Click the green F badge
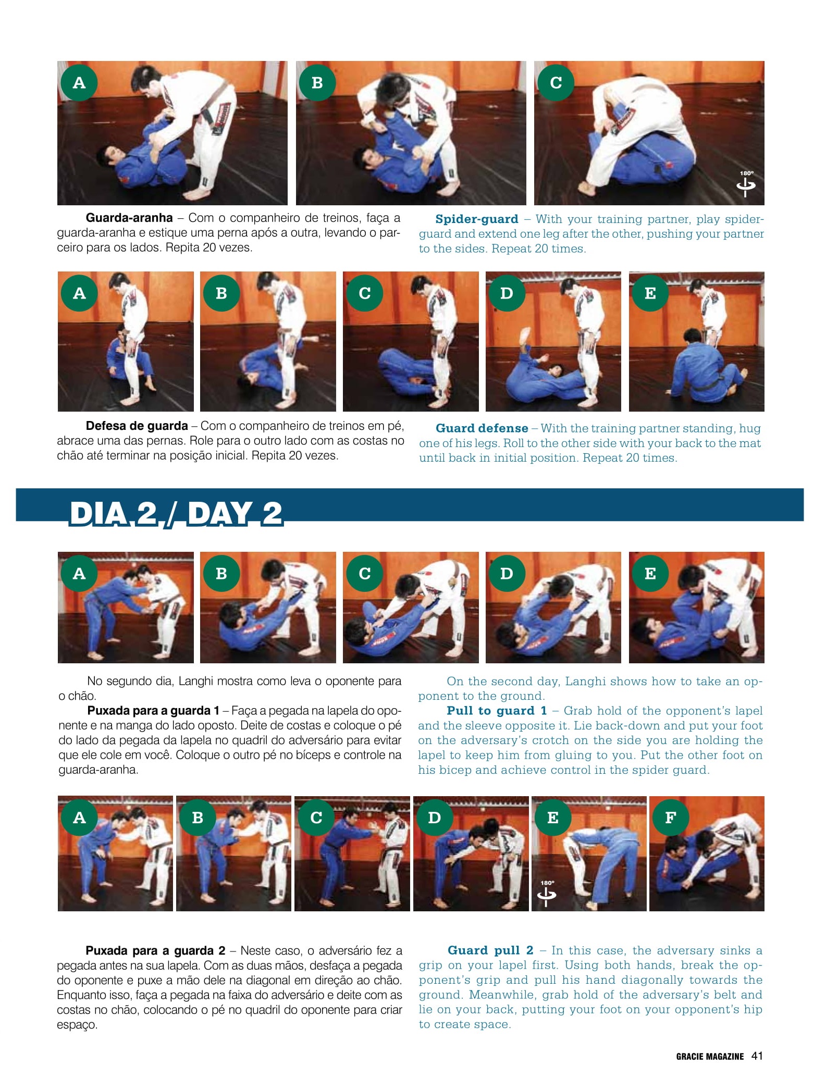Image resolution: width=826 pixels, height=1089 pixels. [671, 818]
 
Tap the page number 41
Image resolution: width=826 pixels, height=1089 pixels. [757, 1056]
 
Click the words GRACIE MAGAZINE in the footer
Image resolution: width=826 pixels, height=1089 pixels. [710, 1056]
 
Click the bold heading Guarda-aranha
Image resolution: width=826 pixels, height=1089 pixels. [129, 217]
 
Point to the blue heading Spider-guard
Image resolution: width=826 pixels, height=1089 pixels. [477, 219]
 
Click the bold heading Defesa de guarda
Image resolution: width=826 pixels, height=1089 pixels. [137, 426]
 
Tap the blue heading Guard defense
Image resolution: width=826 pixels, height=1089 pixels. [482, 428]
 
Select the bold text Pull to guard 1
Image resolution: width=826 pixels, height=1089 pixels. [497, 711]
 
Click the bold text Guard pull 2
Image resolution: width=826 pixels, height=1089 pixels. [490, 950]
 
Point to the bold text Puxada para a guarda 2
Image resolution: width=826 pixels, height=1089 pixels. [155, 951]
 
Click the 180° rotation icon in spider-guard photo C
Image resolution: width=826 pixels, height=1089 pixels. [746, 184]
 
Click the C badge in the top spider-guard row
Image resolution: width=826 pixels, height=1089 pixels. [556, 82]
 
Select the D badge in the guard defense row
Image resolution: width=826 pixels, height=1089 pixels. [507, 293]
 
